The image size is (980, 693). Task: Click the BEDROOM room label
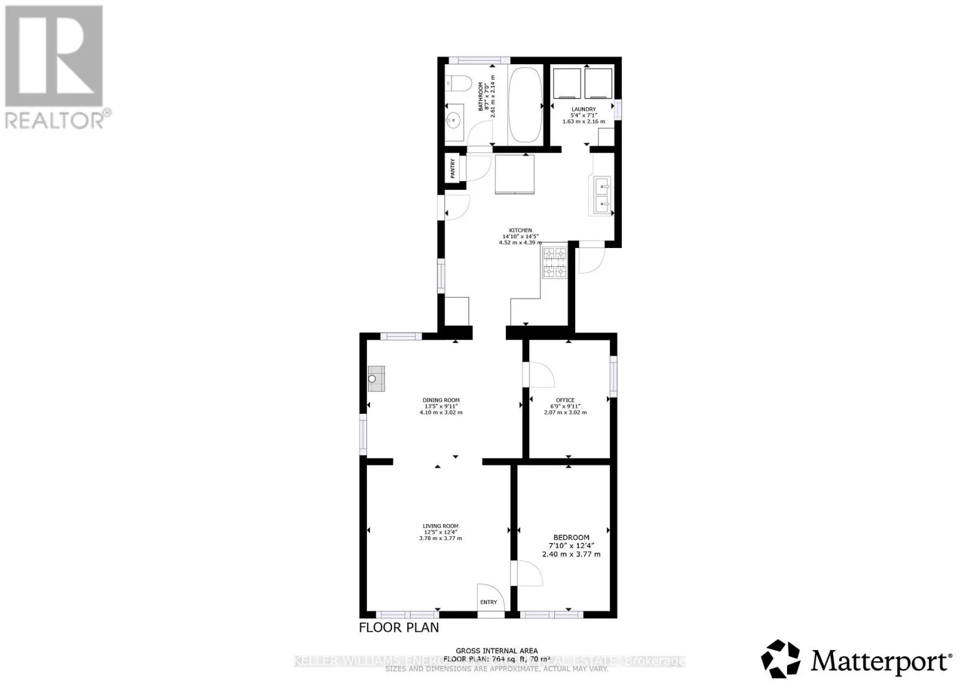[x=571, y=538]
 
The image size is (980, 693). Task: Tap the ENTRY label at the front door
[x=489, y=602]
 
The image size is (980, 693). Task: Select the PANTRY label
[x=453, y=169]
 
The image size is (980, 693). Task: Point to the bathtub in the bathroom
[x=525, y=105]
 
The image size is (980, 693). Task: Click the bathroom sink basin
[x=455, y=120]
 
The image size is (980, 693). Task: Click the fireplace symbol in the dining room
[x=375, y=378]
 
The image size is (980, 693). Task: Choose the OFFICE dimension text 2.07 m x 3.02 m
[x=565, y=412]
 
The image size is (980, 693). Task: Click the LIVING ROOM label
[x=440, y=526]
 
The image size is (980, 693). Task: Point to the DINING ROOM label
[x=441, y=400]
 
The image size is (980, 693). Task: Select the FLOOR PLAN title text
[x=399, y=627]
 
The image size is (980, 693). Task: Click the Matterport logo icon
[x=780, y=659]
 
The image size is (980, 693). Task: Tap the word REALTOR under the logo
[x=55, y=120]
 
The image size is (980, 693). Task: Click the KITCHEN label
[x=520, y=230]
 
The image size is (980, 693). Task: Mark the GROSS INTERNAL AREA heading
[x=497, y=651]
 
